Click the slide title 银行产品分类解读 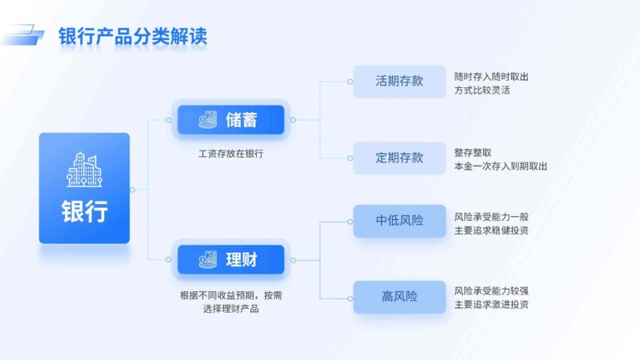[134, 37]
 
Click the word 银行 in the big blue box [84, 212]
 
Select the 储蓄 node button [230, 120]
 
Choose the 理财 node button [230, 259]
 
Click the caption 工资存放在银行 [230, 154]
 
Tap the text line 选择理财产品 [230, 308]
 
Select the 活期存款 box [399, 82]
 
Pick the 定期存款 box [399, 158]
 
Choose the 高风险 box [399, 297]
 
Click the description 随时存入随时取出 [491, 76]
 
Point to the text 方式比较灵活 [482, 90]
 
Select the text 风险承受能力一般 [491, 216]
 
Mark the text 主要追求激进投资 [491, 304]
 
